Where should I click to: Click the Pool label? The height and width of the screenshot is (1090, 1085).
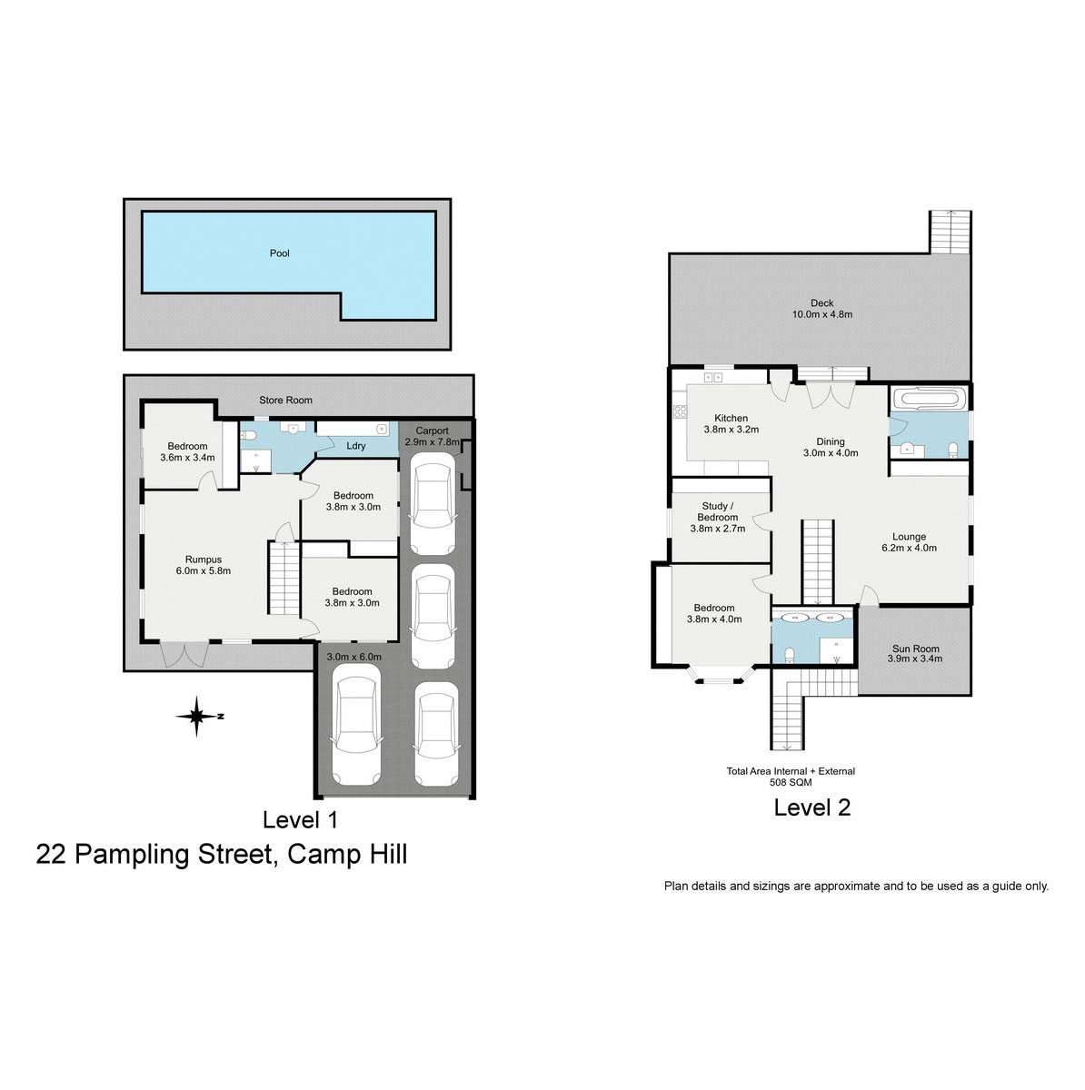coord(279,253)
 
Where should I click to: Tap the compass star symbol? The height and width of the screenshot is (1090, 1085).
coord(196,717)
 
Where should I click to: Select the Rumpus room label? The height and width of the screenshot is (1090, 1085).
coord(204,565)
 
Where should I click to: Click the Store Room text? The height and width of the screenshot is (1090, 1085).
coord(286,400)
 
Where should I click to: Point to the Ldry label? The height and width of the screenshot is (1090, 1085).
coord(356,446)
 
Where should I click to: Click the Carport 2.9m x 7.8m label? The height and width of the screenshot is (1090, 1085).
coord(432,436)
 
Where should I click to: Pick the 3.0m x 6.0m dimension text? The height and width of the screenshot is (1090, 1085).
coord(354,657)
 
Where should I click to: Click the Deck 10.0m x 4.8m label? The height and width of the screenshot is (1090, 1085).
coord(821,308)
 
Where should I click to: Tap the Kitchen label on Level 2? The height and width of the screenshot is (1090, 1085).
coord(732,418)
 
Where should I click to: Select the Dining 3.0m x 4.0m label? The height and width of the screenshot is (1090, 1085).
coord(831,447)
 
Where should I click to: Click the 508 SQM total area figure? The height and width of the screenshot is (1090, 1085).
coord(791,783)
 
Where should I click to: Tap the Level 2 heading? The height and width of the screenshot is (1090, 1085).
coord(812,808)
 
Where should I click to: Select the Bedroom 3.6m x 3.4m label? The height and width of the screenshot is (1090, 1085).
coord(187,451)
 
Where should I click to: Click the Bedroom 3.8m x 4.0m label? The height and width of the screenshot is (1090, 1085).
coord(714,613)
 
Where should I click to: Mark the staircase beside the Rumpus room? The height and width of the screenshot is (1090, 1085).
coord(284,578)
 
